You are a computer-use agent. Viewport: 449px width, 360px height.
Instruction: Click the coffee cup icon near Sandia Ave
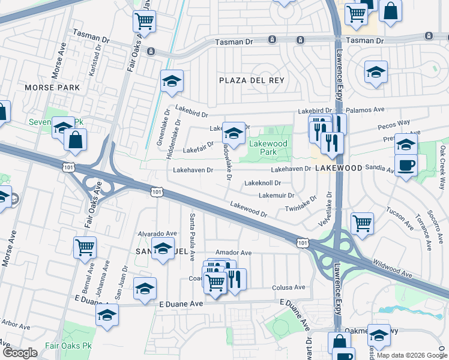click(x=406, y=166)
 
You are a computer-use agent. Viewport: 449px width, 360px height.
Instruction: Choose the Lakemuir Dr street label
click(x=276, y=196)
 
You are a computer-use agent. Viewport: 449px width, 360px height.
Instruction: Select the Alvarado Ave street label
click(x=157, y=233)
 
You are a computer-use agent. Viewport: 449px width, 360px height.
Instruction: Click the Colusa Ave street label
click(x=291, y=288)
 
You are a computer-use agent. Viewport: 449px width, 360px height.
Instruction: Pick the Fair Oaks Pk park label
click(x=67, y=346)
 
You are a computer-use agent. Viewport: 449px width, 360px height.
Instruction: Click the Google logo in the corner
click(x=20, y=353)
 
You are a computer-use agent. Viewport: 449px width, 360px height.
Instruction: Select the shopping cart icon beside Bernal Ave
click(x=85, y=247)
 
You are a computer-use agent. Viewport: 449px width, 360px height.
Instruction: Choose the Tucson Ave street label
click(x=400, y=219)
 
